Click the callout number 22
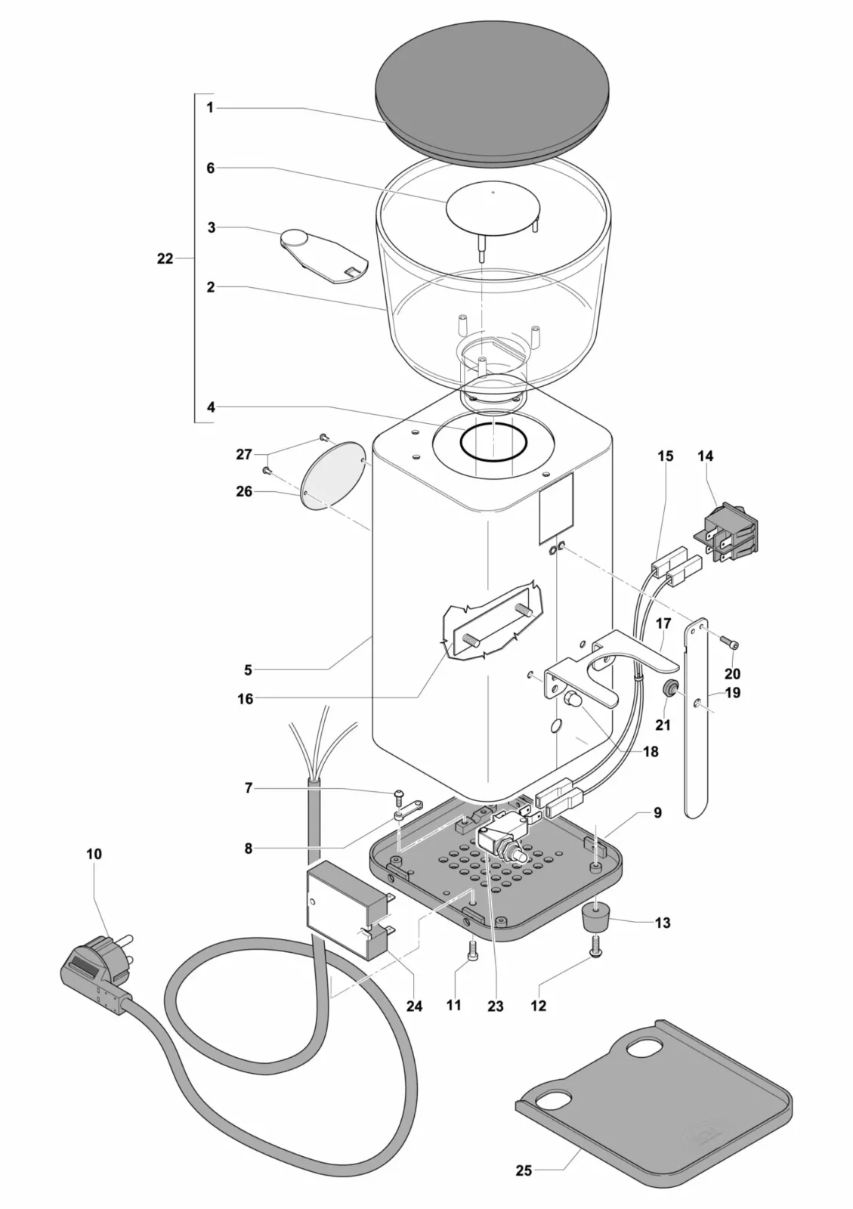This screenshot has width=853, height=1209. point(165,258)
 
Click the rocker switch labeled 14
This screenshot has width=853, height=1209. point(729,538)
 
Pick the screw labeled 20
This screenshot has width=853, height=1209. point(732,644)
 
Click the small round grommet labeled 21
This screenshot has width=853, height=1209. point(669,688)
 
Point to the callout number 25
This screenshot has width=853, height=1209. point(524,1170)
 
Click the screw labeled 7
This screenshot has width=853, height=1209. point(399,794)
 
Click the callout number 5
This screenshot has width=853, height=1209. point(248,669)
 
